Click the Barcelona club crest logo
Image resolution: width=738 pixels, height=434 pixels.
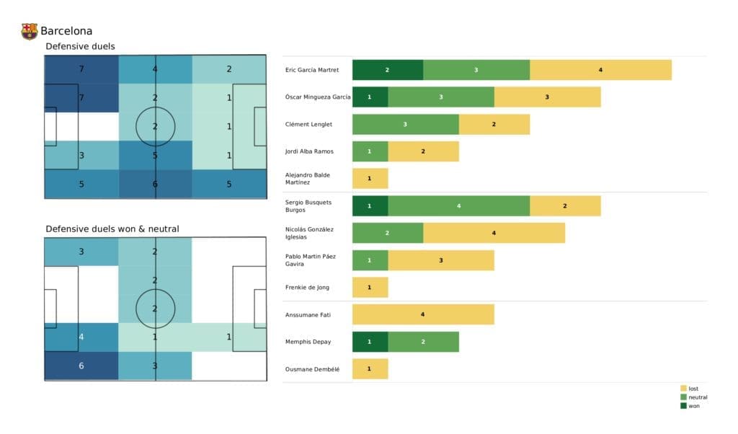pyautogui.click(x=30, y=31)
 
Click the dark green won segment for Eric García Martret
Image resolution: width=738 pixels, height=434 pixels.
pyautogui.click(x=387, y=70)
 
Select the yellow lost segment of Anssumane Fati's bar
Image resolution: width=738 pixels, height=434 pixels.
pyautogui.click(x=422, y=314)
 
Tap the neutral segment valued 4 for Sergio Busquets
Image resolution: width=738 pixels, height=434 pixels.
pyautogui.click(x=458, y=206)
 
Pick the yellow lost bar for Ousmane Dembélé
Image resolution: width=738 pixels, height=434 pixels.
pyautogui.click(x=370, y=369)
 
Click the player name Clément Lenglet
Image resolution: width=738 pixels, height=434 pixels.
pyautogui.click(x=309, y=125)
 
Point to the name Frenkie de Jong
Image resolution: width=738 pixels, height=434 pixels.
pyautogui.click(x=308, y=288)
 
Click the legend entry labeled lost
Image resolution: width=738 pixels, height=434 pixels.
pyautogui.click(x=693, y=389)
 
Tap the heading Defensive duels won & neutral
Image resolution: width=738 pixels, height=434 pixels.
pyautogui.click(x=112, y=229)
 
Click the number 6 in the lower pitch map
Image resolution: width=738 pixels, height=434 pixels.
pyautogui.click(x=81, y=366)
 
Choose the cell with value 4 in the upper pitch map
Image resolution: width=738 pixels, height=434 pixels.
pyautogui.click(x=155, y=70)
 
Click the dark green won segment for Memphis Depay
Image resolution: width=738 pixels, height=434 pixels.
pyautogui.click(x=370, y=342)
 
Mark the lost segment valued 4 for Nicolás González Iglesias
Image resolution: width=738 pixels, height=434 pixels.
pyautogui.click(x=494, y=233)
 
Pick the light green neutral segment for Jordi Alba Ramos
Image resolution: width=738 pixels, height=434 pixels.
pyautogui.click(x=370, y=151)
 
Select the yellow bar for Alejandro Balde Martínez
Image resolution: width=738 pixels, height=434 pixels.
pyautogui.click(x=370, y=179)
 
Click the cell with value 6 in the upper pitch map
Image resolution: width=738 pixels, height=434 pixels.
pyautogui.click(x=155, y=184)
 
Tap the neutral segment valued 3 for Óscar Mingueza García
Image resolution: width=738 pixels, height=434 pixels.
pyautogui.click(x=440, y=97)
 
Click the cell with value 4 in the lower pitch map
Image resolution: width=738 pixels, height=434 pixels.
pyautogui.click(x=81, y=337)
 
